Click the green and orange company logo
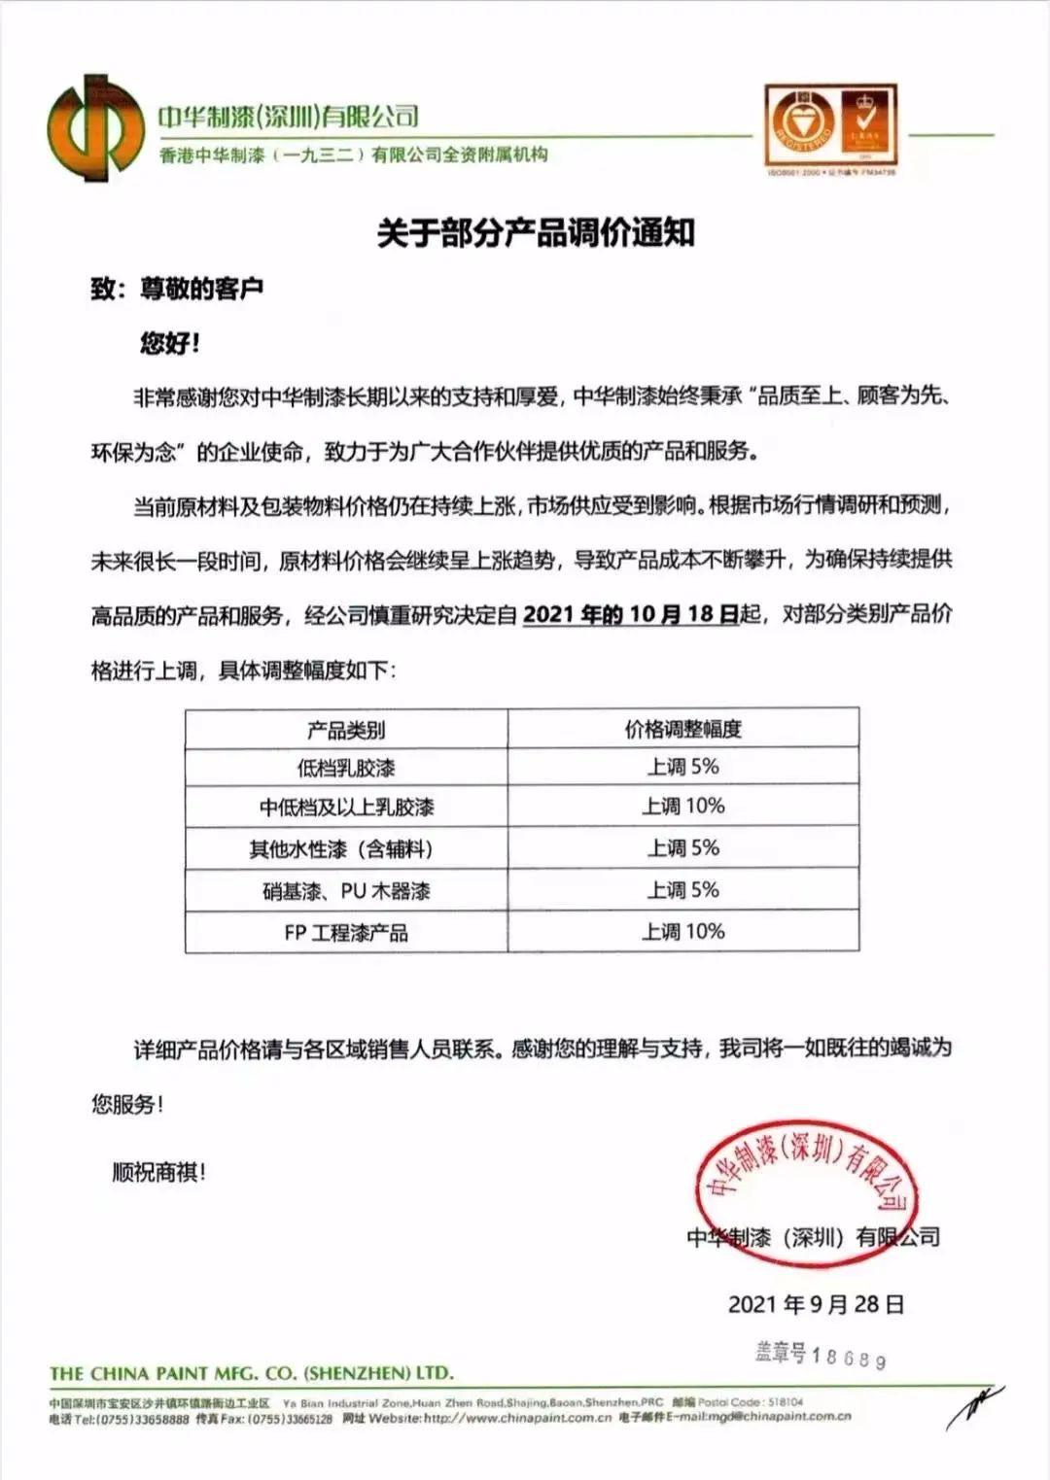point(95,128)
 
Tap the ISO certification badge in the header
point(830,126)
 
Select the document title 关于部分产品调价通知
point(536,233)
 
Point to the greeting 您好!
point(170,343)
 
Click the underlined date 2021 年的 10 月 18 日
point(631,614)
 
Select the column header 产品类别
point(346,730)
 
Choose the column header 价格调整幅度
point(682,729)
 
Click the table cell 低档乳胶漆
point(346,768)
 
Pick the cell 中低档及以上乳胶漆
point(346,808)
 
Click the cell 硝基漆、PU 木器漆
point(346,891)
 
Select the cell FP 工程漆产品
point(346,933)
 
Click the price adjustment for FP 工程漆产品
point(682,932)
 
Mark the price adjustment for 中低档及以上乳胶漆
point(682,807)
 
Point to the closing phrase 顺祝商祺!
point(159,1173)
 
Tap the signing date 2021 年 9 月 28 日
point(816,1304)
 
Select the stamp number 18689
point(848,1357)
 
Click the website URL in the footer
point(517,1418)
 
